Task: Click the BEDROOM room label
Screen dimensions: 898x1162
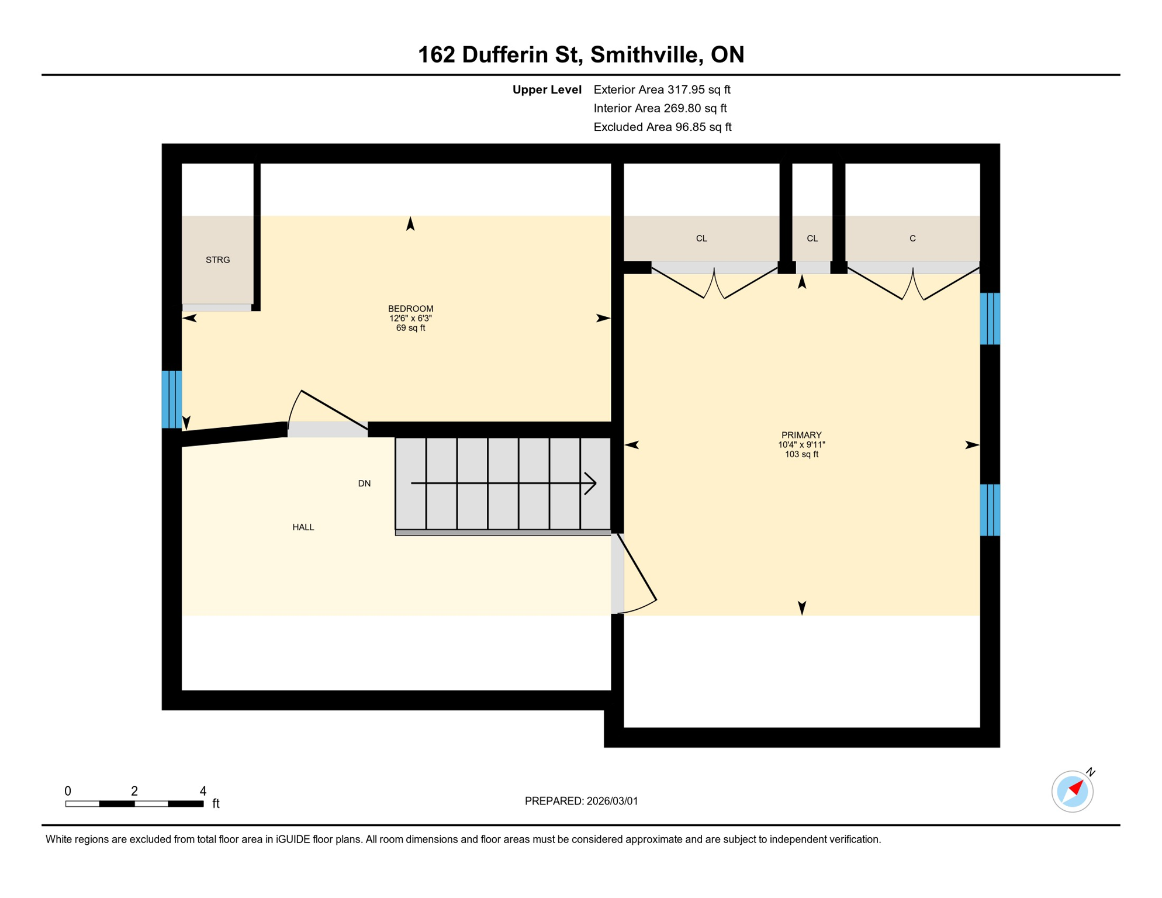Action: click(x=410, y=309)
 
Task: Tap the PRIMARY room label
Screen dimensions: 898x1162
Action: click(x=801, y=435)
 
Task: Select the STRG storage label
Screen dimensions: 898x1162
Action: click(x=217, y=260)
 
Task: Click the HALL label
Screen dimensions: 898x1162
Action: click(x=303, y=527)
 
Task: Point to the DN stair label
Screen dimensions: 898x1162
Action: click(x=364, y=483)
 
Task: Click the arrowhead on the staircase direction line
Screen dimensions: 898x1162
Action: click(x=591, y=483)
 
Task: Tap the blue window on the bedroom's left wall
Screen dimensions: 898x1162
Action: click(x=172, y=399)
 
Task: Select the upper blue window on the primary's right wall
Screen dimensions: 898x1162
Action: click(x=990, y=319)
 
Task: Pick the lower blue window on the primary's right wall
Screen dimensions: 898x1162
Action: click(x=990, y=510)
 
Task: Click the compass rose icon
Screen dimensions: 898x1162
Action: click(x=1072, y=792)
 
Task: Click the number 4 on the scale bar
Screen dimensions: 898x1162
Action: click(x=203, y=791)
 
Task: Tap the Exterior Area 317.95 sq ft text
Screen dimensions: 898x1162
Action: click(x=662, y=89)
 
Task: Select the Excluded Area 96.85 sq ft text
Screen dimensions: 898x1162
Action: click(x=662, y=127)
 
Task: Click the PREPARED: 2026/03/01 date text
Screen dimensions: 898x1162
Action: click(x=581, y=801)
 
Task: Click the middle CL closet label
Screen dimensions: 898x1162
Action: click(x=812, y=239)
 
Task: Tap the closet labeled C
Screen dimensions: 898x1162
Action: click(x=912, y=239)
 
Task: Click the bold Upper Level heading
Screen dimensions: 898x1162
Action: click(x=547, y=89)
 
